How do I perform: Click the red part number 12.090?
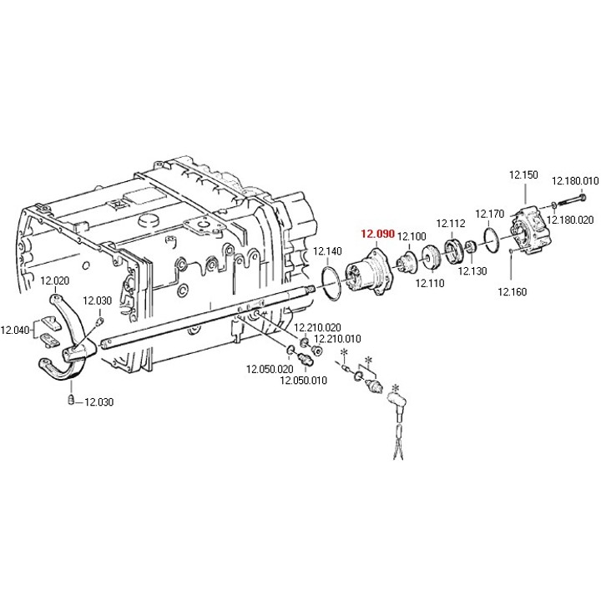[377, 234]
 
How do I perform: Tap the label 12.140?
[327, 251]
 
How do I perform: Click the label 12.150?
[523, 174]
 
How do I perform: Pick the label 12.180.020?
[570, 220]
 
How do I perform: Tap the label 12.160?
[512, 291]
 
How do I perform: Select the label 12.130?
[472, 271]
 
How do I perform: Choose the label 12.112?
[451, 223]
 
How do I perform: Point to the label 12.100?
[412, 236]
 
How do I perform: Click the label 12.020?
[55, 280]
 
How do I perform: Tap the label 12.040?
[14, 330]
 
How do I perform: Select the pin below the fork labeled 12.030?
[70, 399]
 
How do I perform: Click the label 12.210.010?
[337, 338]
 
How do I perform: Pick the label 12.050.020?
[270, 369]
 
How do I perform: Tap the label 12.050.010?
[304, 381]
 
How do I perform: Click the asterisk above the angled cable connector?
[395, 388]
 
